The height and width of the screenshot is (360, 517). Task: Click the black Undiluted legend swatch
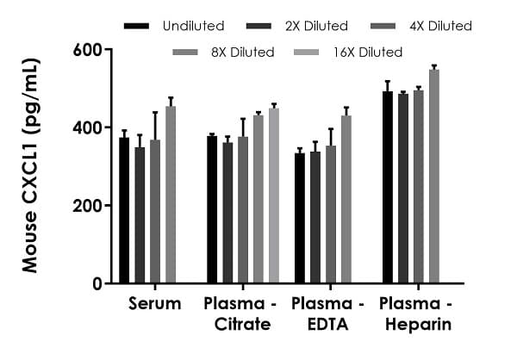(137, 26)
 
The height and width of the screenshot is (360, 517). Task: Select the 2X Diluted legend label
(315, 26)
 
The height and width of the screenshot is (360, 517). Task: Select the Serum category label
(155, 304)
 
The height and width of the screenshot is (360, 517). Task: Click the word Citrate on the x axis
(238, 325)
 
